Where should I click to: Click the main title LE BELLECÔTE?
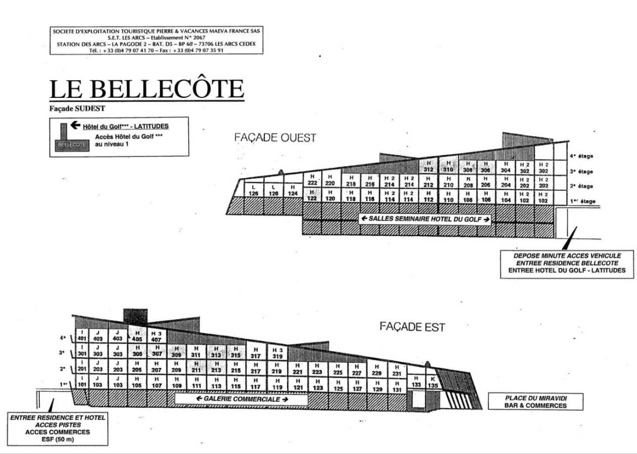(147, 89)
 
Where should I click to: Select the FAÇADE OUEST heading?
(275, 138)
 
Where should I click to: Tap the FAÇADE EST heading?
(412, 326)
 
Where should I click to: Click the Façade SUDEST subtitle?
(77, 108)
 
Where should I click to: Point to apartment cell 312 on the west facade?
(428, 167)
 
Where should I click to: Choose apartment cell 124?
(293, 191)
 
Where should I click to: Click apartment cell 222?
(312, 180)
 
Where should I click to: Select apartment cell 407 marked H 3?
(156, 337)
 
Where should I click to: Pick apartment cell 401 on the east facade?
(82, 336)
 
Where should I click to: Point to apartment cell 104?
(506, 197)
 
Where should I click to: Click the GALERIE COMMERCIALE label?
(239, 398)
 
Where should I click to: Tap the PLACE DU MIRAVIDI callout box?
(528, 401)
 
